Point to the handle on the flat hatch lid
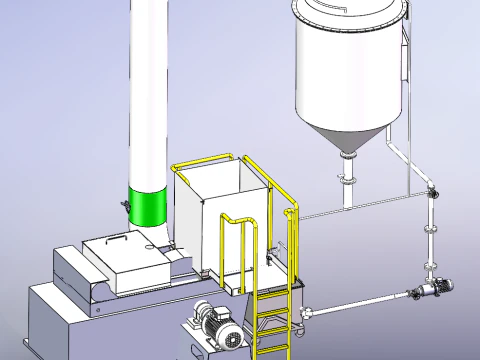coord(118,239)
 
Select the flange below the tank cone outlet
coord(346,179)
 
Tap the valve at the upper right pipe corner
coord(431,192)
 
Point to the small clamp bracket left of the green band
coord(126,206)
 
